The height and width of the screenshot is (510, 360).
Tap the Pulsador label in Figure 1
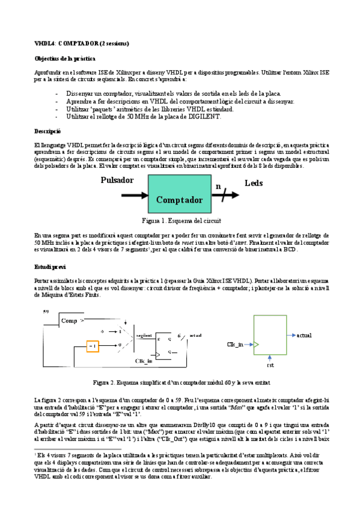coord(117,180)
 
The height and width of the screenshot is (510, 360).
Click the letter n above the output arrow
coord(219,186)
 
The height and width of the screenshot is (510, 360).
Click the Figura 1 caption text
coord(181,221)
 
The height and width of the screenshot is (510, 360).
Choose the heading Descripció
coord(47,130)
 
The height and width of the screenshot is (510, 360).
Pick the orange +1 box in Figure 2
coord(92,346)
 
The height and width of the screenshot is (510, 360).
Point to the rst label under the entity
coord(270,365)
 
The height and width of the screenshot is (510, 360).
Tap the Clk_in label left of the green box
coord(235,345)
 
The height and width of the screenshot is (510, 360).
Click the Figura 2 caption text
coord(182,382)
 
